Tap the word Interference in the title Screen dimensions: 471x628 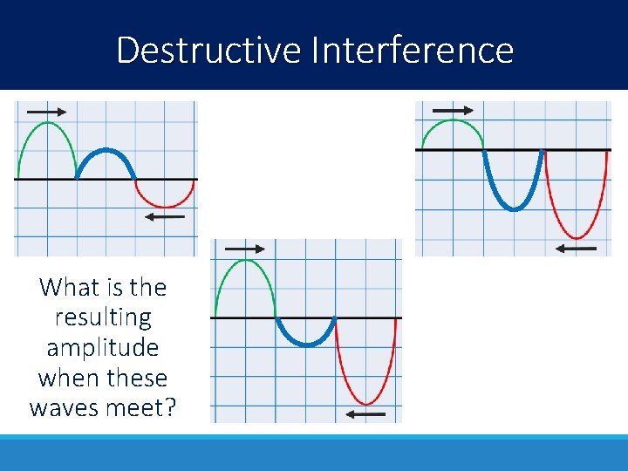(412, 51)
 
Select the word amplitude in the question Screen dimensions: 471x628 (102, 347)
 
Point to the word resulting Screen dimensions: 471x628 (102, 317)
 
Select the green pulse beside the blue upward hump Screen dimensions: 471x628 (46, 127)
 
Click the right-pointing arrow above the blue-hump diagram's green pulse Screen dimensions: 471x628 (46, 112)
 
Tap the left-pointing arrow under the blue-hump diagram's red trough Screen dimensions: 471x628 (165, 216)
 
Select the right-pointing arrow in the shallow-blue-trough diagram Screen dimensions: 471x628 (245, 249)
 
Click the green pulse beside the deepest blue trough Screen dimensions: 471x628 (453, 124)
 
